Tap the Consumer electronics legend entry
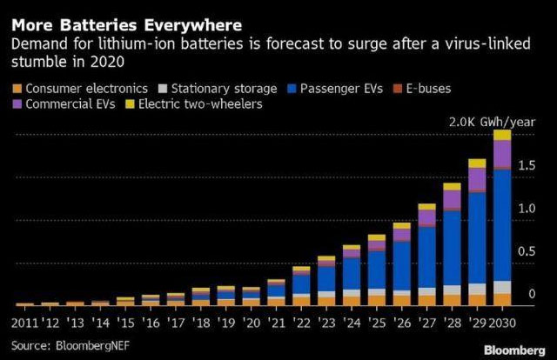(77, 88)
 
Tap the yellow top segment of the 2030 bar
(502, 135)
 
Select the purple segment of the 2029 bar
(477, 179)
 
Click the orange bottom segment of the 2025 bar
(376, 301)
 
